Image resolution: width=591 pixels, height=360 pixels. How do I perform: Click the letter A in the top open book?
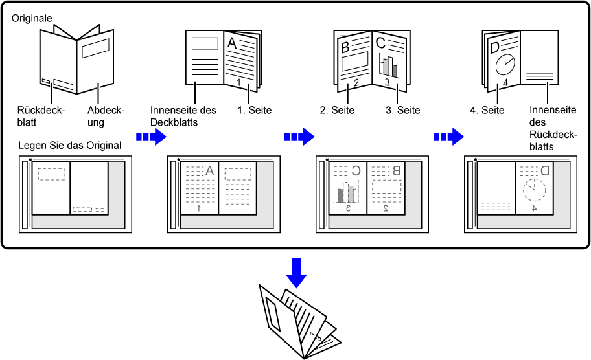click(231, 43)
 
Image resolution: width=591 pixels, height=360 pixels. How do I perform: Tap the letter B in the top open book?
click(345, 47)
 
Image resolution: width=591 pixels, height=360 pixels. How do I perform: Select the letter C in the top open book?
click(380, 43)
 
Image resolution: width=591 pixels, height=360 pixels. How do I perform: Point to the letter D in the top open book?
click(495, 47)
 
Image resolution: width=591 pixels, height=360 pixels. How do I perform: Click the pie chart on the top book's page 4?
click(504, 65)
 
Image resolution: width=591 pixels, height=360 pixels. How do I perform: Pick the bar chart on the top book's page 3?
click(388, 65)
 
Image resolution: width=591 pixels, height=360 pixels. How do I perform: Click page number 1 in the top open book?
click(238, 83)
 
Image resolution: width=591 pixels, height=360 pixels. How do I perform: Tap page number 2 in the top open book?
click(356, 82)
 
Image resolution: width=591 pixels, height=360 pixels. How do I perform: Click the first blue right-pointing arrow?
click(152, 137)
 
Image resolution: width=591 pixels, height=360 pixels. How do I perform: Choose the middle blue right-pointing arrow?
click(299, 137)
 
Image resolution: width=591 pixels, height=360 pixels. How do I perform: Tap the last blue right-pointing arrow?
click(448, 137)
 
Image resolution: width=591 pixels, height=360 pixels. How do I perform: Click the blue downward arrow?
click(297, 272)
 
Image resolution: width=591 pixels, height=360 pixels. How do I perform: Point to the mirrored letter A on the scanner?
click(209, 171)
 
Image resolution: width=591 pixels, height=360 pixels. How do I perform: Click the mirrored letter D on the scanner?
click(544, 171)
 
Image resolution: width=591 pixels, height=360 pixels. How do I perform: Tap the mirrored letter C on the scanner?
click(355, 171)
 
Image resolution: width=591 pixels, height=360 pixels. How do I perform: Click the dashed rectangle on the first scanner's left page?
click(51, 174)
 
